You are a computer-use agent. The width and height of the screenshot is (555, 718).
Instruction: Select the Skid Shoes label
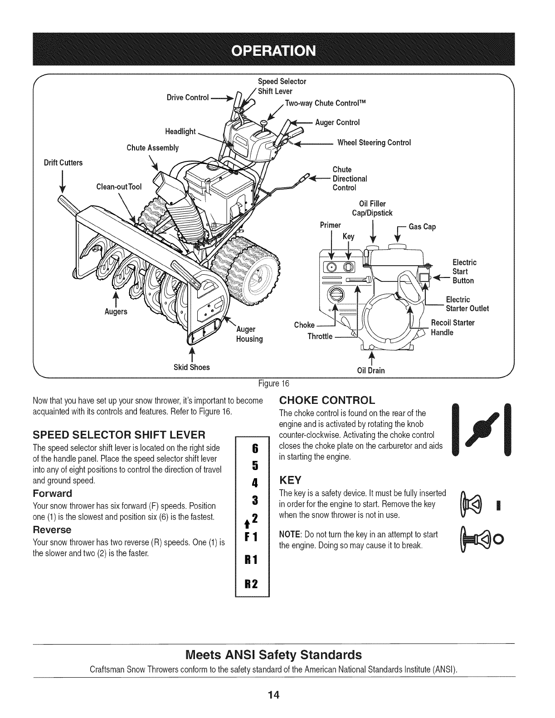point(192,367)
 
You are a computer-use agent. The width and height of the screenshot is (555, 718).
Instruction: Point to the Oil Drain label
point(371,370)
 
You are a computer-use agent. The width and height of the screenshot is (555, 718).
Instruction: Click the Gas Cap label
point(422,227)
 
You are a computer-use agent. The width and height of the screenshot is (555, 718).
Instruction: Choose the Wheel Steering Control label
point(374,142)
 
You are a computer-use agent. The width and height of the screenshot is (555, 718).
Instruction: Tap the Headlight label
point(180,131)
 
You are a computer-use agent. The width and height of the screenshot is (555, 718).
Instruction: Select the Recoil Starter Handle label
point(453,327)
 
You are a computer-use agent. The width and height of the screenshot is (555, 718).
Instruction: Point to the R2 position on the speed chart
point(251,583)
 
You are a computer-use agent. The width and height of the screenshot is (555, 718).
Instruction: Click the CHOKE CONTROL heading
point(327,400)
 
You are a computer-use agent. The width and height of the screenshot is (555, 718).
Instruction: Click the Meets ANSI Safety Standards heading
point(274,655)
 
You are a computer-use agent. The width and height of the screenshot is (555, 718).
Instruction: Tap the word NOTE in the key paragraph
point(289,534)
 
